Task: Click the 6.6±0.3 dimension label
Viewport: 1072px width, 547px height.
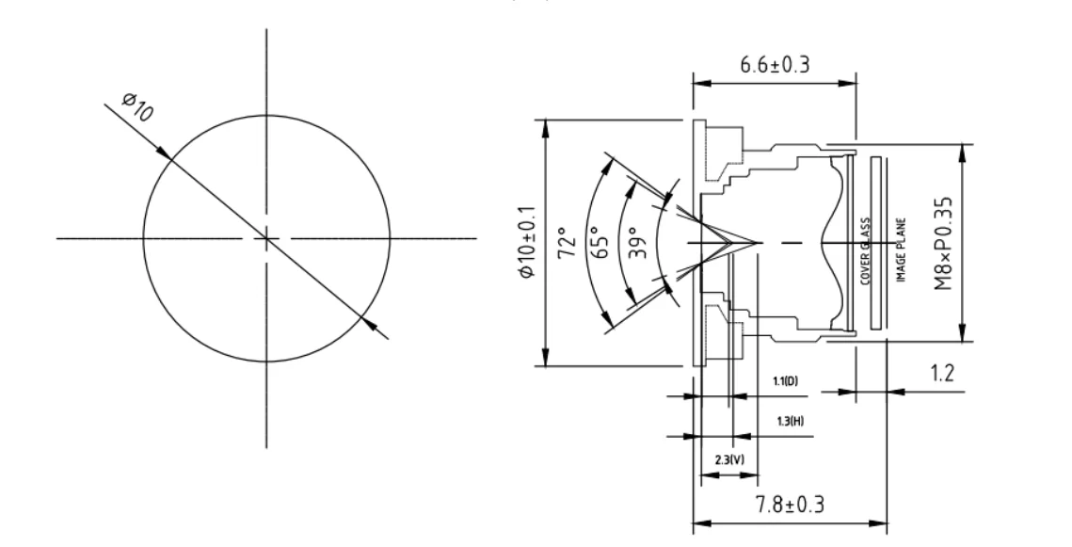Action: [775, 65]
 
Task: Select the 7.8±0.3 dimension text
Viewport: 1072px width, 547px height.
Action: [790, 505]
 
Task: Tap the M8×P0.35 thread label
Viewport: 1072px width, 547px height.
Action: [943, 243]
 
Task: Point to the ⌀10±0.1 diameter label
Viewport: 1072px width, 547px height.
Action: [526, 243]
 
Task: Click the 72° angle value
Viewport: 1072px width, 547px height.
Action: [568, 243]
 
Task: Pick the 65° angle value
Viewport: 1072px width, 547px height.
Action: [600, 243]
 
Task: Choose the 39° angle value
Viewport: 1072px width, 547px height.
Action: [637, 243]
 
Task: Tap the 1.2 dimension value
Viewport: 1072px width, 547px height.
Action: [942, 374]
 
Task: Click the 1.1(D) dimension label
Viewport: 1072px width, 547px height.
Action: [786, 381]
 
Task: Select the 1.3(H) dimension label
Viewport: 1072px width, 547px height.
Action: [791, 421]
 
